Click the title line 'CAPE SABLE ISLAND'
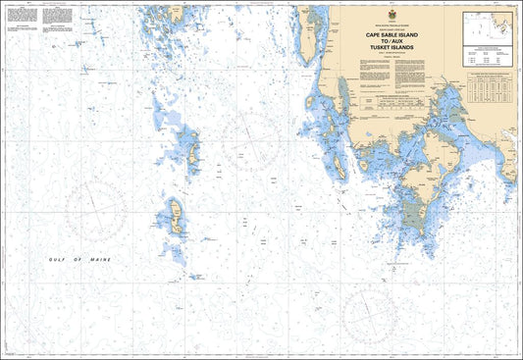point(396,34)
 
